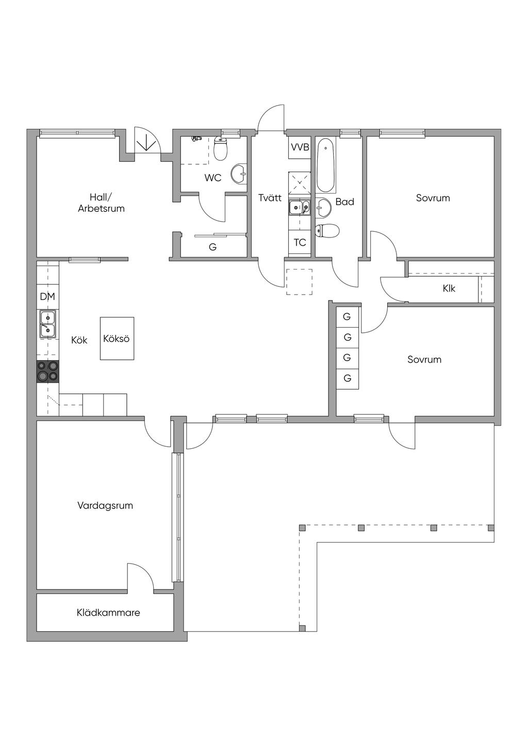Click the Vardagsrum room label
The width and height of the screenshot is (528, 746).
click(x=105, y=505)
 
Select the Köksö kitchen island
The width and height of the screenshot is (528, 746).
click(x=117, y=338)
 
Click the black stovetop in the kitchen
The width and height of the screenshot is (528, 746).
click(x=48, y=371)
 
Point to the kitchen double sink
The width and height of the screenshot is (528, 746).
click(x=48, y=324)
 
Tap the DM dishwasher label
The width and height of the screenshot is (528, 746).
click(x=47, y=296)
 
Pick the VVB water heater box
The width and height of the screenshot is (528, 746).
click(x=300, y=147)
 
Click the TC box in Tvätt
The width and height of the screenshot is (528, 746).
click(x=300, y=243)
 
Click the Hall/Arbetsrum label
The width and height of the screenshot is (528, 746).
click(x=102, y=203)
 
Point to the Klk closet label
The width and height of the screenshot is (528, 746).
click(x=449, y=289)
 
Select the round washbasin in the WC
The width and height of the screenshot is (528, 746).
click(x=239, y=173)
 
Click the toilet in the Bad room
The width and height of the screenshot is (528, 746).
click(x=327, y=230)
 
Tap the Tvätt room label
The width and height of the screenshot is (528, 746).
click(x=270, y=198)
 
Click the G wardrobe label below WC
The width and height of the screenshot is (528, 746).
click(x=212, y=247)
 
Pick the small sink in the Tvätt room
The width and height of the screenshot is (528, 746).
click(x=300, y=208)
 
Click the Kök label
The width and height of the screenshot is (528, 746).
click(x=79, y=340)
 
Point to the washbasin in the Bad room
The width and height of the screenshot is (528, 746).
click(x=323, y=207)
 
